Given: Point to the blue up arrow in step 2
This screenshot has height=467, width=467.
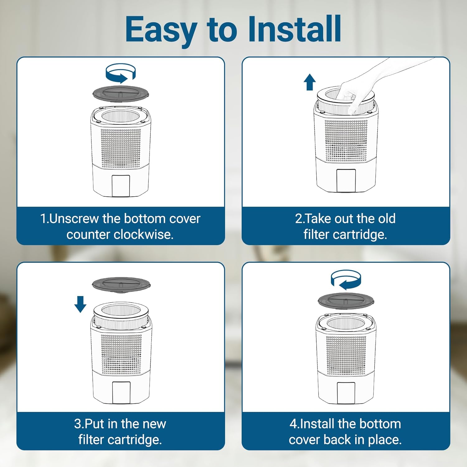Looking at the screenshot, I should [x=309, y=82].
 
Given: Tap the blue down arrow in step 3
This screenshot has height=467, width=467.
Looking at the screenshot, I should [x=80, y=304].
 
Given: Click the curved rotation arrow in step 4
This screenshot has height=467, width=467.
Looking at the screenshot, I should [x=346, y=280].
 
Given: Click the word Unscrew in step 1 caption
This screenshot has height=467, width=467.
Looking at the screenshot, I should [x=74, y=219].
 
